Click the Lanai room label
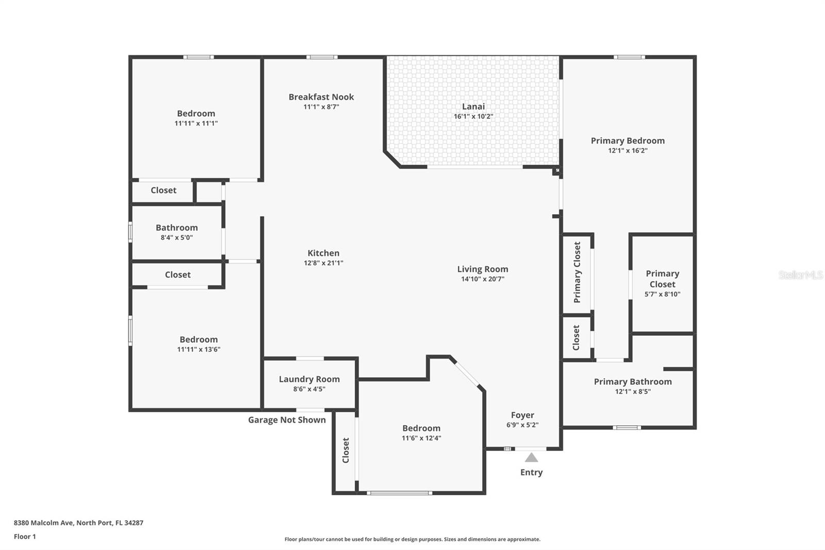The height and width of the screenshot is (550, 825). [x=473, y=106]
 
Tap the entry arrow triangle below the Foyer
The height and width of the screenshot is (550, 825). [x=532, y=458]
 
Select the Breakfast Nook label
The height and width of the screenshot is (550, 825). [x=321, y=97]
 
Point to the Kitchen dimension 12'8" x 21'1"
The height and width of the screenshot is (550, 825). [x=323, y=263]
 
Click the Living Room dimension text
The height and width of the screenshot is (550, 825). [x=483, y=279]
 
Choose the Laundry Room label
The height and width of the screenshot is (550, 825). [x=309, y=379]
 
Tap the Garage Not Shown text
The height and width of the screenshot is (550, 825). [x=287, y=420]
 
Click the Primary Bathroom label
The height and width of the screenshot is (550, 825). [x=633, y=382]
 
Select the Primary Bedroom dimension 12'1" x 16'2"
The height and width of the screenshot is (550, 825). [x=628, y=151]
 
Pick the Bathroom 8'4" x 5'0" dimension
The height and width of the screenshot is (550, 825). [x=176, y=238]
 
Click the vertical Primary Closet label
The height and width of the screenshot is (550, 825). [x=577, y=272]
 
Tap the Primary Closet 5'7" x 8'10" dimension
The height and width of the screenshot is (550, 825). [x=662, y=295]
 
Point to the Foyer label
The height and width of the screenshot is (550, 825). [x=522, y=415]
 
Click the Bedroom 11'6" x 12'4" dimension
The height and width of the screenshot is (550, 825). [x=421, y=439]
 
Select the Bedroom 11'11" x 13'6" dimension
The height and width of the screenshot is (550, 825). [x=199, y=349]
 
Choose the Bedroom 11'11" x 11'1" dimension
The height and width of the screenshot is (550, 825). [x=196, y=123]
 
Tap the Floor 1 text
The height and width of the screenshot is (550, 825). [x=25, y=537]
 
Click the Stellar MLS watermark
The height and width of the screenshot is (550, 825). [x=800, y=275]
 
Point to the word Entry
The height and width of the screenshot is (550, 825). [x=531, y=473]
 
